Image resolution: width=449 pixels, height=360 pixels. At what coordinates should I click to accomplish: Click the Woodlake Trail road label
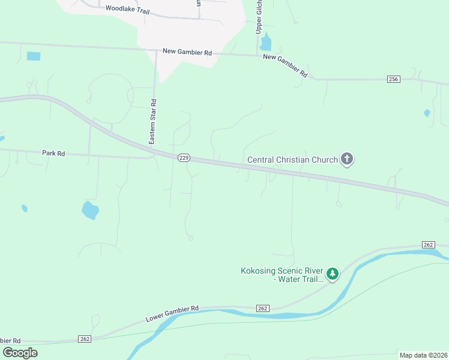pos(126,9)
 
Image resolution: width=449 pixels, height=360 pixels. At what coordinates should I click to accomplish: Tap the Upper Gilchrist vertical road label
pos(259,16)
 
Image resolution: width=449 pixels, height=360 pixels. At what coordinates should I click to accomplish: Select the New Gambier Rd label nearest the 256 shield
pos(285,65)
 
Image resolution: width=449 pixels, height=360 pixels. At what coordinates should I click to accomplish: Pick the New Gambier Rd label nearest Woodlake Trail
pos(187,52)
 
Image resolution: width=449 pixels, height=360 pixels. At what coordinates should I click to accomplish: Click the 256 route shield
pos(393,79)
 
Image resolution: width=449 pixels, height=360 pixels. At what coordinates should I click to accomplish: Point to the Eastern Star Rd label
pos(153,121)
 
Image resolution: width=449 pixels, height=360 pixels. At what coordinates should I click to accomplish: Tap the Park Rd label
pos(53,153)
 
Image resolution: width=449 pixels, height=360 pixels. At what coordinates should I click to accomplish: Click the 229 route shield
pos(184,157)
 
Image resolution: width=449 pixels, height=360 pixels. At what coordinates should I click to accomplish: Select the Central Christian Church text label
pos(292,160)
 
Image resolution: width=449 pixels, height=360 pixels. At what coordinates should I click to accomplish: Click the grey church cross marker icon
pos(346,159)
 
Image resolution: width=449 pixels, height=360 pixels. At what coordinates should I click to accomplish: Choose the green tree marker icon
pos(332,274)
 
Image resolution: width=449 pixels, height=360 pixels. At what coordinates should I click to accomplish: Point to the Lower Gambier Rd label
pos(172,313)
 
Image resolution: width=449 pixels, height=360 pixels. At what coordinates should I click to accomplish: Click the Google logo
pos(20,353)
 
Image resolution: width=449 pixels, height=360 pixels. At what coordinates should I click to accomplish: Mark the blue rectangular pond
pos(34,56)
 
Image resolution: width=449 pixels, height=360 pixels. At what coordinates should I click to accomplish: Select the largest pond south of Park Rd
pos(90,210)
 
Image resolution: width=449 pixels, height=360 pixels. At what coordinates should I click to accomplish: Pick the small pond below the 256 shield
pos(427,113)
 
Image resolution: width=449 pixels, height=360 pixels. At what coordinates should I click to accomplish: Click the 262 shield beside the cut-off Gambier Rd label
pos(85,339)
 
